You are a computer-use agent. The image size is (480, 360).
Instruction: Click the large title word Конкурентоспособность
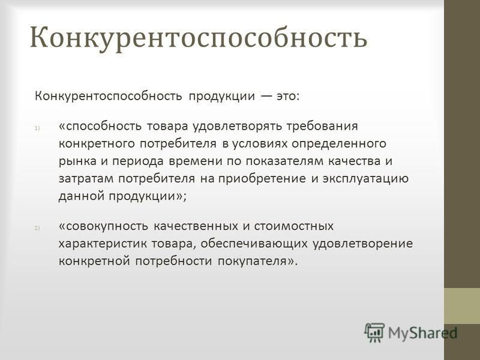click(199, 38)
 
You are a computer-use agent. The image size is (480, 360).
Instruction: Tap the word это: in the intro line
click(288, 96)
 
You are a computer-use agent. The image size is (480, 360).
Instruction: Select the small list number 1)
click(37, 128)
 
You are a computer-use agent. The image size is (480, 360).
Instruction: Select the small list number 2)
click(37, 228)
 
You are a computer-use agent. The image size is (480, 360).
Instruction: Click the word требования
click(322, 126)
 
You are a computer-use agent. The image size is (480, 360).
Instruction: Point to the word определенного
click(339, 143)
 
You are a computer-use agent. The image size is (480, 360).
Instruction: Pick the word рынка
click(77, 161)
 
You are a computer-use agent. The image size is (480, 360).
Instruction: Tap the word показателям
click(284, 161)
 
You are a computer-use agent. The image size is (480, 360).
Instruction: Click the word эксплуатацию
click(365, 178)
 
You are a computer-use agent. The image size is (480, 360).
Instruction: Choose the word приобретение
click(262, 178)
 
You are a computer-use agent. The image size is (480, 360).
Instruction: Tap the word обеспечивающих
click(254, 244)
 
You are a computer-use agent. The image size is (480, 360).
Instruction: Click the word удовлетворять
click(237, 126)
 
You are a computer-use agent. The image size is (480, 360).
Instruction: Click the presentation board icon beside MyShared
click(374, 332)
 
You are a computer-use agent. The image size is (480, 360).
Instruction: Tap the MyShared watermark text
click(422, 333)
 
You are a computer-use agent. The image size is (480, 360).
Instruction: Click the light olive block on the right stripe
click(462, 306)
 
